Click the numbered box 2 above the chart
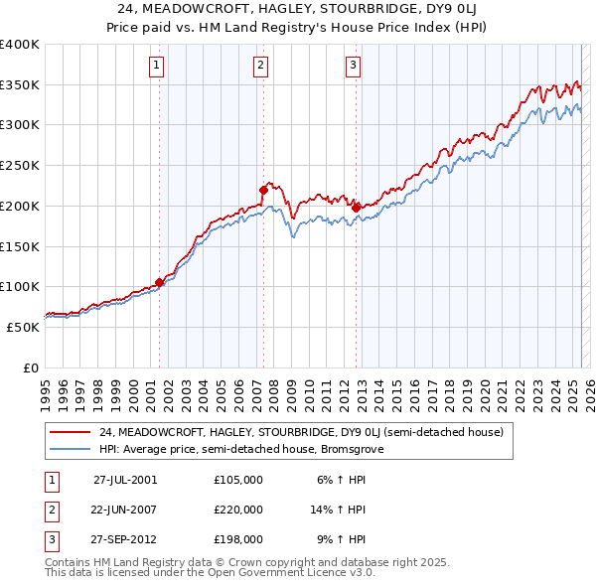point(260,67)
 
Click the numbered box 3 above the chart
point(353,67)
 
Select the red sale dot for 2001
point(159,282)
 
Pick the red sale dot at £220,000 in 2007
point(263,189)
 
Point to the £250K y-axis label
point(20,166)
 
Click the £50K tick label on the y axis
point(23,327)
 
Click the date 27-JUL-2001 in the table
point(125,479)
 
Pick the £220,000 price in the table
point(238,510)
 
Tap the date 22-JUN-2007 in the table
point(125,510)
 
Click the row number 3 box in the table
point(51,540)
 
